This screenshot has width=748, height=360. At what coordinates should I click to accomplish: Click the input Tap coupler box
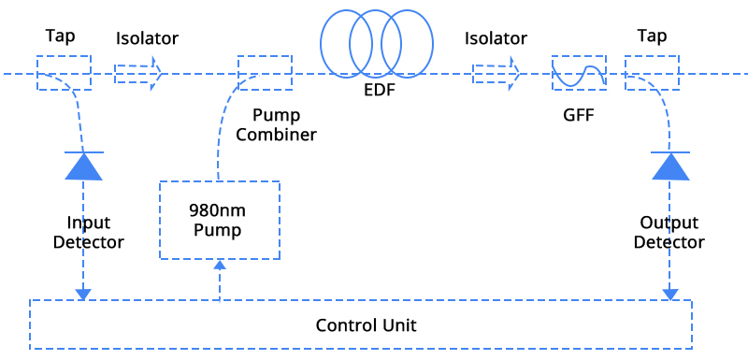[64, 73]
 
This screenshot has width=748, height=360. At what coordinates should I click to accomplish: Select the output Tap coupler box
[652, 73]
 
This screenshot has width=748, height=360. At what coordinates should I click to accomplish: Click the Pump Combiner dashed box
[265, 73]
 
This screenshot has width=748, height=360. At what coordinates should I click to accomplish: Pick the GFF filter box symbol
[579, 73]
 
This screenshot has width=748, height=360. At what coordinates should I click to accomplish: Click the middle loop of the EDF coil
[376, 44]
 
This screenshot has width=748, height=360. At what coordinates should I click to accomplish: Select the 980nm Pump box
[219, 221]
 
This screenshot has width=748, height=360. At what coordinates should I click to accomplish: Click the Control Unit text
[366, 325]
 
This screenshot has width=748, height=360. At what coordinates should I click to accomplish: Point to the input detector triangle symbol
[83, 166]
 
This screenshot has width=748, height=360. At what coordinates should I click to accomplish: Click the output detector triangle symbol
[669, 166]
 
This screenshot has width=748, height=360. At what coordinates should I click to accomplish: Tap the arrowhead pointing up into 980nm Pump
[220, 266]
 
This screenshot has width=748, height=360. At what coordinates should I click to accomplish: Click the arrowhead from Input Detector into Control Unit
[83, 295]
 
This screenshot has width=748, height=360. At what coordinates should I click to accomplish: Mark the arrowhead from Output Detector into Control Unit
[669, 295]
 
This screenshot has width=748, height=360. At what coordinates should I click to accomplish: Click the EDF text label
[376, 91]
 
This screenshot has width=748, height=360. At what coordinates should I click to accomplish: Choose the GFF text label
[578, 116]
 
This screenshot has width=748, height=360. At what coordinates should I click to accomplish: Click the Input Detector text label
[89, 232]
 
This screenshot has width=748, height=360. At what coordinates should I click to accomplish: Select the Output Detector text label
[669, 232]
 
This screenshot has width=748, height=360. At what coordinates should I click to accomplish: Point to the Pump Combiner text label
[276, 125]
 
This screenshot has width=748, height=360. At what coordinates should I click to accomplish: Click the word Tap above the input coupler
[60, 36]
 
